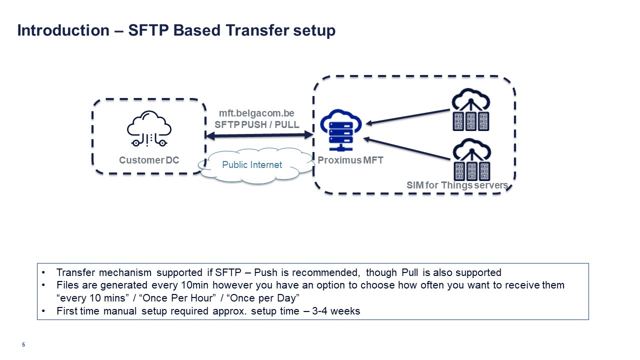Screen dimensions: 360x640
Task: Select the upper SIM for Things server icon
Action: click(x=470, y=110)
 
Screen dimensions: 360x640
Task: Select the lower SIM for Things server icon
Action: click(x=470, y=159)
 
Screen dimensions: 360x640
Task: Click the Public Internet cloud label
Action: click(x=252, y=164)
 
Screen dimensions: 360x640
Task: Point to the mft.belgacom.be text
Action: click(x=256, y=113)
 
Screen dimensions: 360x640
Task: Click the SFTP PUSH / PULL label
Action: click(x=257, y=124)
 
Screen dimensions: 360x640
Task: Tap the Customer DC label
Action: click(x=149, y=160)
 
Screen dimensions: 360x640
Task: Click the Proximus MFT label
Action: click(x=350, y=160)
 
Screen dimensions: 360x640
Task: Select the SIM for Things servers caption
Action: click(x=457, y=185)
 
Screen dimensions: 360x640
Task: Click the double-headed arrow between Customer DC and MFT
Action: click(x=259, y=135)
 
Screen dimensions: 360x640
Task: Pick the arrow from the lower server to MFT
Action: click(x=407, y=149)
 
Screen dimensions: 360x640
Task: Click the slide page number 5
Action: click(x=23, y=344)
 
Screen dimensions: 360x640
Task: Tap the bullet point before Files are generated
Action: click(x=44, y=285)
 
